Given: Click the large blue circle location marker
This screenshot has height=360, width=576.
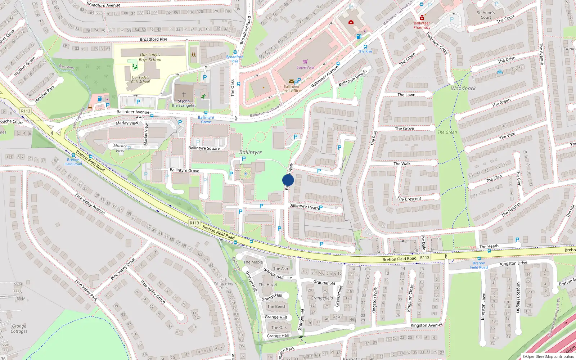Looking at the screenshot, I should [288, 180].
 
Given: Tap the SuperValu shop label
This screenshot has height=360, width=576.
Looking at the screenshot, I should [305, 67].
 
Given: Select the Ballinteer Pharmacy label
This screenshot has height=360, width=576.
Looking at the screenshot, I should [422, 25].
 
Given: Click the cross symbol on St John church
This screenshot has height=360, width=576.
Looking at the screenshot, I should [184, 95].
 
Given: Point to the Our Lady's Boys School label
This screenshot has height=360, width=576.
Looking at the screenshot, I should [150, 57].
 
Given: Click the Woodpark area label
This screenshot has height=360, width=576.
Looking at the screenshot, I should [463, 88].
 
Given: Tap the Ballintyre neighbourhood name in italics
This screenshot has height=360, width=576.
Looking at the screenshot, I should [251, 152].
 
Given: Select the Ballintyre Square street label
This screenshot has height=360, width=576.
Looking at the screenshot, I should [204, 148].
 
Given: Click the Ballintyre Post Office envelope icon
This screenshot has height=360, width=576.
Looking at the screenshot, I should [291, 81].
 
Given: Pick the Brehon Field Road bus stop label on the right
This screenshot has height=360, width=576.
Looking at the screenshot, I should [479, 265].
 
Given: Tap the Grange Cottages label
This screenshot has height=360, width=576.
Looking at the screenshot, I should [19, 328].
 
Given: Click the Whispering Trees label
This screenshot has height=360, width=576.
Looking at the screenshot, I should [224, 283].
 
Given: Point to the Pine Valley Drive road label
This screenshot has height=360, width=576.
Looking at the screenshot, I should [122, 269].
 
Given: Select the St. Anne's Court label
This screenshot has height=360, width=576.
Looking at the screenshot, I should [486, 15].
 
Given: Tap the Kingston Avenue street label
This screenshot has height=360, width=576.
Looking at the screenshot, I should [426, 325].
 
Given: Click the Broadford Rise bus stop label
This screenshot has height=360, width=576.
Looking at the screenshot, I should [235, 59].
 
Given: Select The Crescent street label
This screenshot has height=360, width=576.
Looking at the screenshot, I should [409, 199].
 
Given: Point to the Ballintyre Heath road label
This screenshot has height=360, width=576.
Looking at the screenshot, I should [304, 206].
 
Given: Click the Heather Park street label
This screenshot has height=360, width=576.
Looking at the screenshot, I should [45, 94].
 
